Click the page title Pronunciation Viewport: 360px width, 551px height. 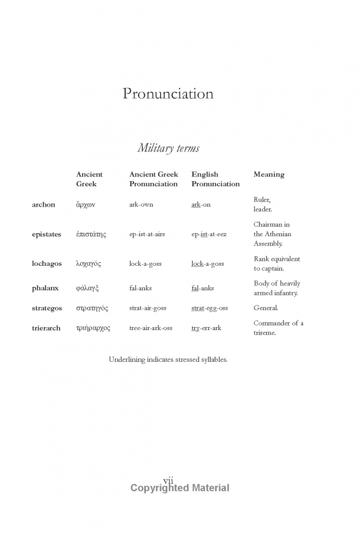(x=168, y=94)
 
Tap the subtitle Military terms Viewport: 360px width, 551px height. (x=168, y=148)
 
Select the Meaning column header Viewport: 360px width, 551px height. (x=269, y=174)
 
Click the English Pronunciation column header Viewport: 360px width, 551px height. (x=215, y=179)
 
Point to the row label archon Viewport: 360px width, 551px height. (x=43, y=205)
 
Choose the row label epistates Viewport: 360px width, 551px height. (x=46, y=234)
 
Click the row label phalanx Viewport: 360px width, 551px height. (x=45, y=288)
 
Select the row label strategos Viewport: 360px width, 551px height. (x=47, y=308)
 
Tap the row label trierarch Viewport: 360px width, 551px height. (x=46, y=328)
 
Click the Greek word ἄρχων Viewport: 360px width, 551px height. (x=86, y=205)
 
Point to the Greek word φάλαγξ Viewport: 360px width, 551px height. (x=87, y=288)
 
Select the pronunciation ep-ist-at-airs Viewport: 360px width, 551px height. (x=147, y=234)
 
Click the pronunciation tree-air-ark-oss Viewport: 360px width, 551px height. (x=150, y=328)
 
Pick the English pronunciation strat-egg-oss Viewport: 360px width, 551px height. (x=210, y=308)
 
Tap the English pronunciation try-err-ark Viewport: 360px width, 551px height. (x=206, y=328)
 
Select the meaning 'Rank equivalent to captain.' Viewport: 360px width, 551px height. (x=277, y=264)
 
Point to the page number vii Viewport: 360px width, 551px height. (x=168, y=480)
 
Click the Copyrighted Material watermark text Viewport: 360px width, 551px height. (x=179, y=488)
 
